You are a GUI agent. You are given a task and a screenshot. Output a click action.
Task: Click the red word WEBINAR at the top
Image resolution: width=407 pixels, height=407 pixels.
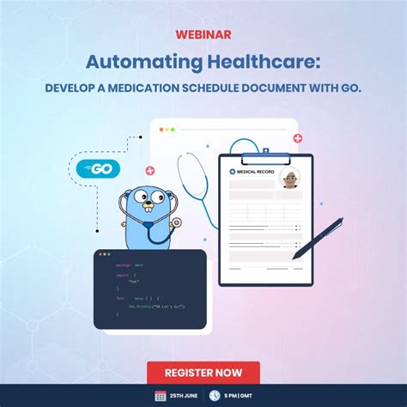click(203, 36)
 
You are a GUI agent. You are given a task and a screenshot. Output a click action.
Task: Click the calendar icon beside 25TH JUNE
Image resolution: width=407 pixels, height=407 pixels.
click(161, 396)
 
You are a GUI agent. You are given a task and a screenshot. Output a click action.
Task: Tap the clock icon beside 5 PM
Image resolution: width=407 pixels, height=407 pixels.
click(229, 396)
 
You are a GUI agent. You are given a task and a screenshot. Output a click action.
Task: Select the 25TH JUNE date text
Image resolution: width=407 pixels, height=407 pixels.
click(186, 396)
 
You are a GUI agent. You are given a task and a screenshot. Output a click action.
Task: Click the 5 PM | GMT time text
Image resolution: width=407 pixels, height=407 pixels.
click(254, 396)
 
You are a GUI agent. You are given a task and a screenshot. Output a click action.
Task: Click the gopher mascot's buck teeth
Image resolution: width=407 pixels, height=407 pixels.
click(146, 210)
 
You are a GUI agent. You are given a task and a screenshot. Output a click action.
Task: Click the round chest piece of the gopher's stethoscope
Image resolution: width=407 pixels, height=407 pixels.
click(177, 222)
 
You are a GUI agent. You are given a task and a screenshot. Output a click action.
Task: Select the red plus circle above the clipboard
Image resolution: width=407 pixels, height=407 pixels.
click(298, 137)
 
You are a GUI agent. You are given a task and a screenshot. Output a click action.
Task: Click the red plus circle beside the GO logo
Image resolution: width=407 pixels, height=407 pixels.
click(150, 170)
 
